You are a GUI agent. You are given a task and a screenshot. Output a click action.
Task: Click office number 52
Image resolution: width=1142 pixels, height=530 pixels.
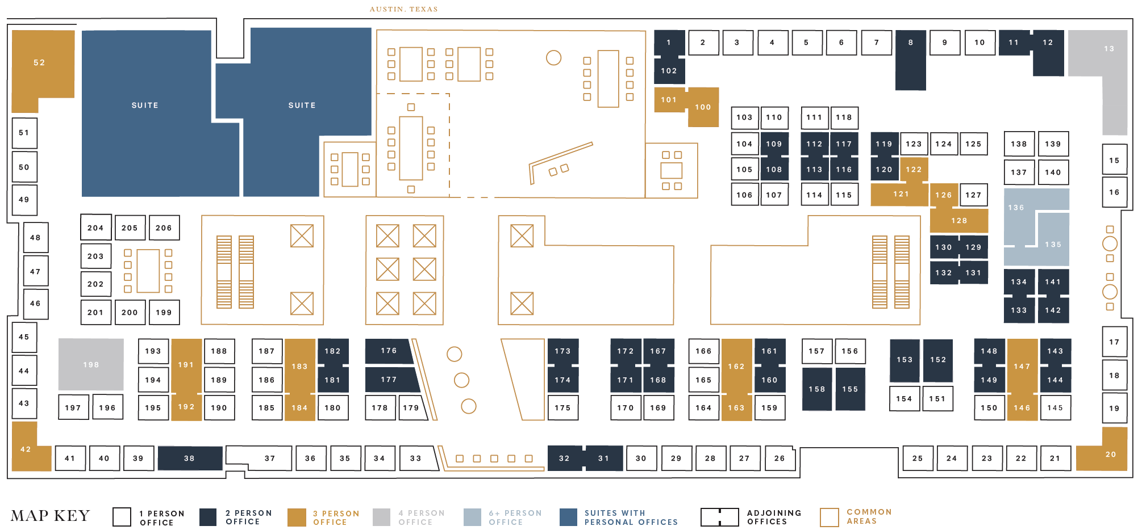point(39,62)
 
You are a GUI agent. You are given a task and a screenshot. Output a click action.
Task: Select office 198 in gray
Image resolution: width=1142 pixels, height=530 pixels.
point(91,364)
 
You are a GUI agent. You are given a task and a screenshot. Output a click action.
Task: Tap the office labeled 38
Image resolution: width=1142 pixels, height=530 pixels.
point(189,458)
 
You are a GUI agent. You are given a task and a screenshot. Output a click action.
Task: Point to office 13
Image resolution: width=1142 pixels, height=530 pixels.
point(1108,49)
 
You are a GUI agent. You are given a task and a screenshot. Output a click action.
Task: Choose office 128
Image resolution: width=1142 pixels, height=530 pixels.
point(959,221)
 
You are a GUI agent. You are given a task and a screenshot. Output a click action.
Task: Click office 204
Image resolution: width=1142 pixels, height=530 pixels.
point(95,228)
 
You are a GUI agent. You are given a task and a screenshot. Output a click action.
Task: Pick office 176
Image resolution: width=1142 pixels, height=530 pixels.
point(389,351)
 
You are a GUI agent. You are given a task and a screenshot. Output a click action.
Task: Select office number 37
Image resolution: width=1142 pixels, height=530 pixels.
point(269,458)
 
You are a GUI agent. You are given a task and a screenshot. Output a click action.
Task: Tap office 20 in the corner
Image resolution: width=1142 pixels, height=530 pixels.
point(1110,455)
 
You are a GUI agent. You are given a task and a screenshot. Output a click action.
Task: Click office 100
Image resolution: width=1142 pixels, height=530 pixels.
point(703,107)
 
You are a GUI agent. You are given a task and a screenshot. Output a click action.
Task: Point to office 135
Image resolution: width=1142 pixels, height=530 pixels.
point(1053,245)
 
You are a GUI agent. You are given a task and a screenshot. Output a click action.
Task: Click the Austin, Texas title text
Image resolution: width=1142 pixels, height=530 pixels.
point(403,9)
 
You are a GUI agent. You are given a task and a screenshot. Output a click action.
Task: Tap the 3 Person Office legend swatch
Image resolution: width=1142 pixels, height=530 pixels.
point(297,517)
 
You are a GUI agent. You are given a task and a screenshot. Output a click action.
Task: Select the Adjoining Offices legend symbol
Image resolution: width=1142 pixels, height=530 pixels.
point(719,517)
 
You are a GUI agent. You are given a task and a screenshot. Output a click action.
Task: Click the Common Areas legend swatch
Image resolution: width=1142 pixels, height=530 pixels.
point(829,517)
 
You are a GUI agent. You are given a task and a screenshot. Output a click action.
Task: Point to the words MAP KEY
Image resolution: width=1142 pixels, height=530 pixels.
point(50,516)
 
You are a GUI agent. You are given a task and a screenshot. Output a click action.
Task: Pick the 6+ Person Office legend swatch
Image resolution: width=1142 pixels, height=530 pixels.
point(472,517)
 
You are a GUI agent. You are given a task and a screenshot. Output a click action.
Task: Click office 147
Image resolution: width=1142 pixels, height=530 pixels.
point(1022,367)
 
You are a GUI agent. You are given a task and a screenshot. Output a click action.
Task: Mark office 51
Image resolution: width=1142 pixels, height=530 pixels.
point(24,133)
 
